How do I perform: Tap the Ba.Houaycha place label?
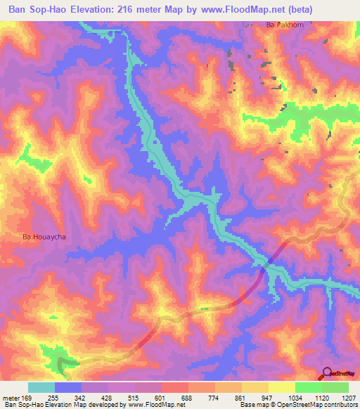[x=44, y=238]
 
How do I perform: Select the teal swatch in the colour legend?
[x=41, y=387]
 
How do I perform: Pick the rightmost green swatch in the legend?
[x=335, y=387]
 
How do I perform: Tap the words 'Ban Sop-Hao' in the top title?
[x=41, y=9]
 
